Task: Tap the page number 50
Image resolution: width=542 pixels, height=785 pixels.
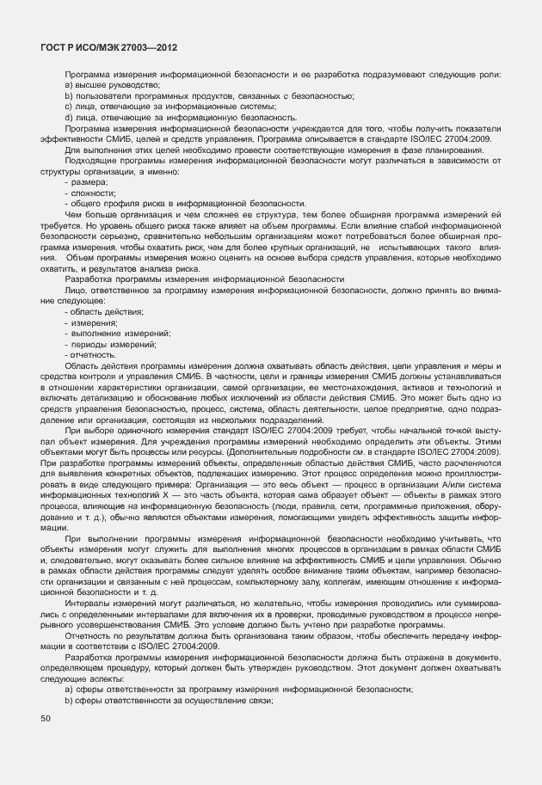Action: point(46,717)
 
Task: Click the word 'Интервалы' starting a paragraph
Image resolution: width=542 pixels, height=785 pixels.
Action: point(84,604)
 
